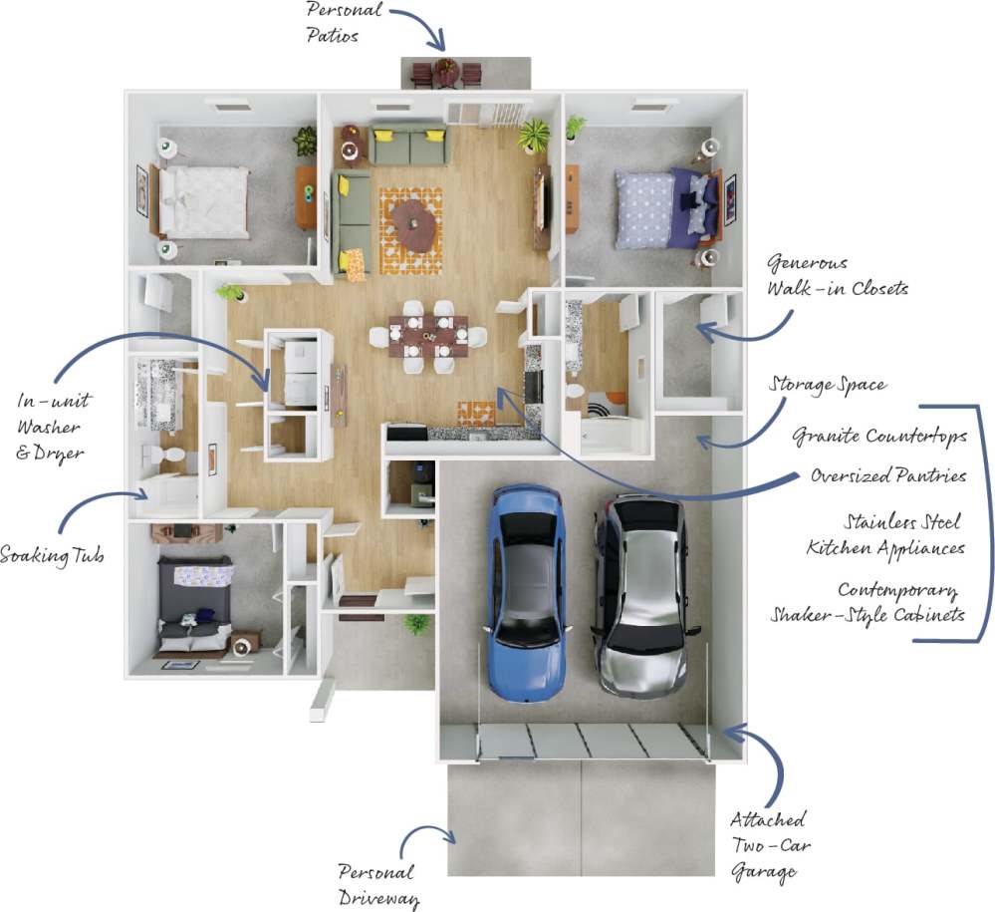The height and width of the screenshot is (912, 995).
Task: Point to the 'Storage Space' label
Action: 827,385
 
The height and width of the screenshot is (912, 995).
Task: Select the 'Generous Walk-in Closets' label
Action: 837,276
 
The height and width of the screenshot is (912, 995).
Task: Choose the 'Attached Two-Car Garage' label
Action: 770,846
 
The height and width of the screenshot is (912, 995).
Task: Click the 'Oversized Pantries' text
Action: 887,475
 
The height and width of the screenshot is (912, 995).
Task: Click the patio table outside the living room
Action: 444,73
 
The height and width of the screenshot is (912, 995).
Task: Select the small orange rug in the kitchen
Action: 475,412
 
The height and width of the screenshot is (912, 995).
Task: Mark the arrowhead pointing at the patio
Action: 437,42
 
